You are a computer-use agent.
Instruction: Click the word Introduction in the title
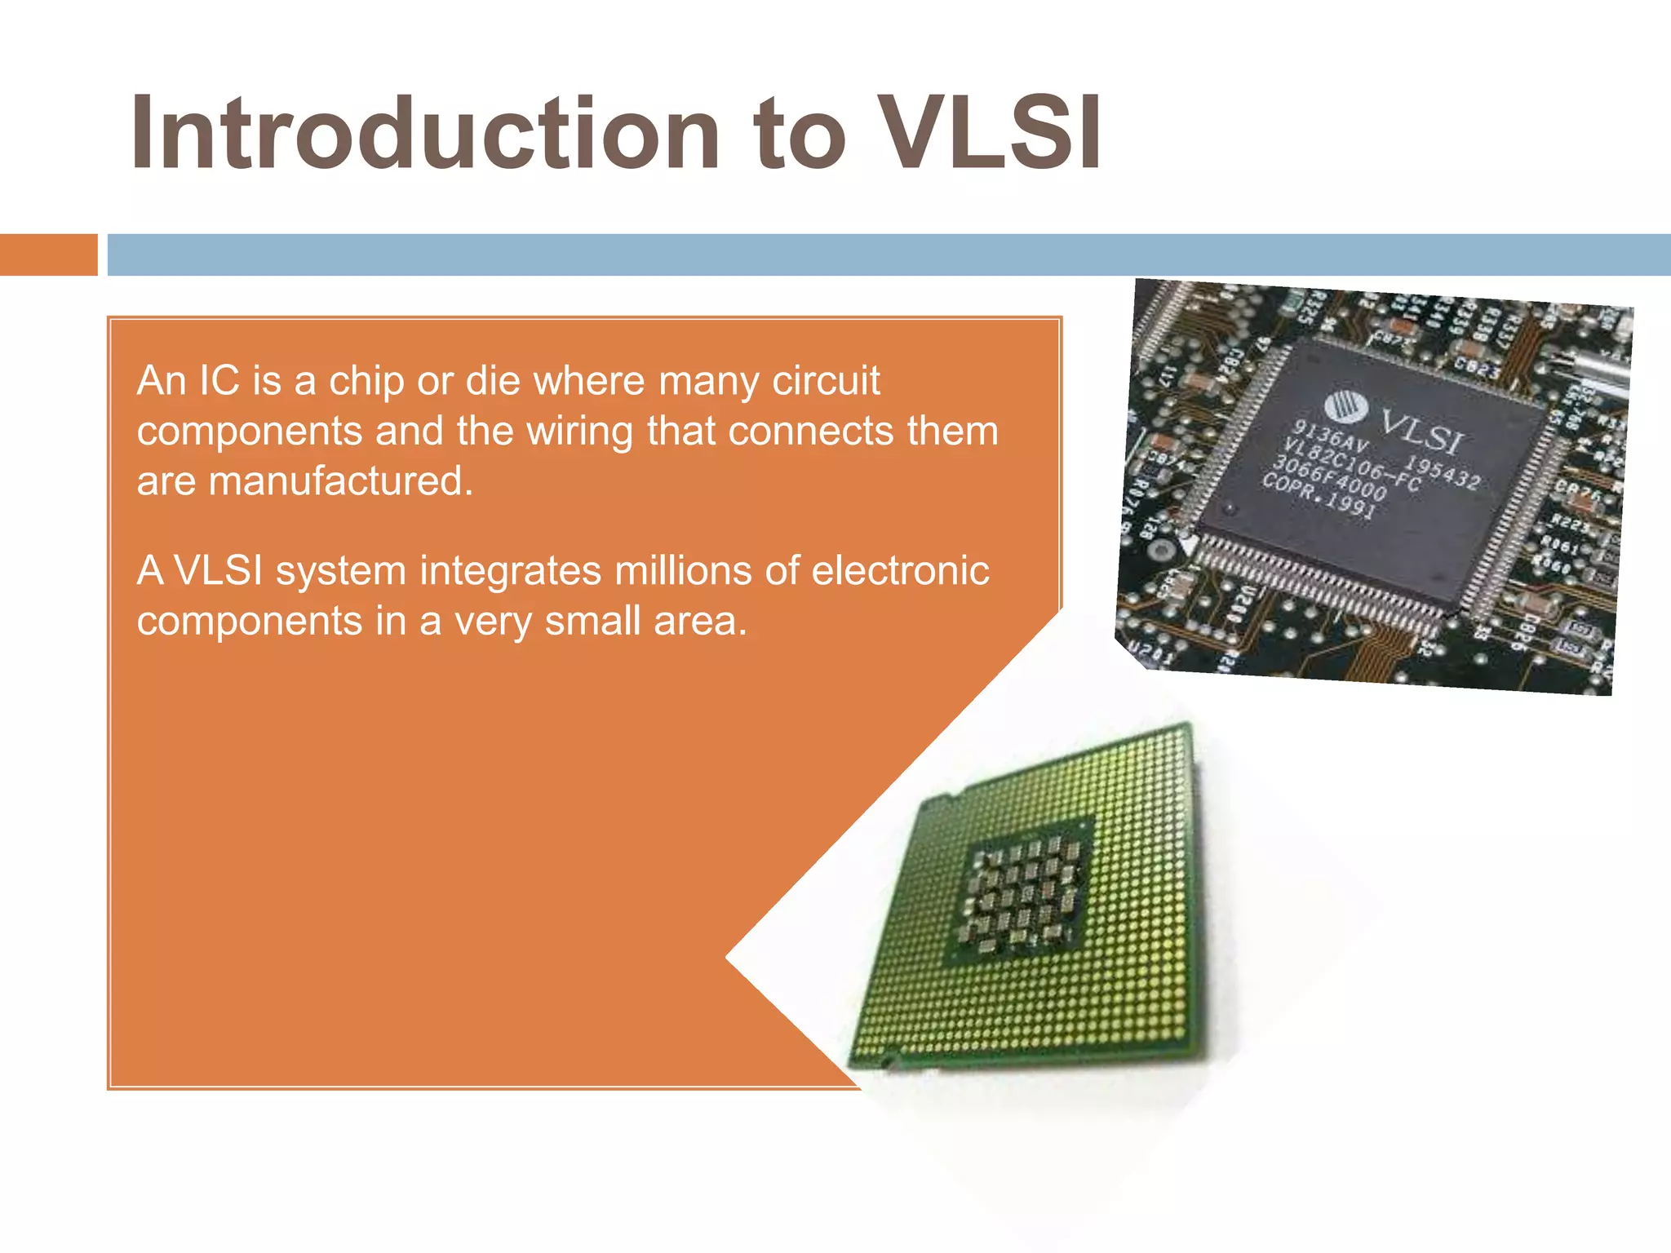tap(424, 133)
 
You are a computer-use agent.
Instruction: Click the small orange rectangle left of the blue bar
tap(48, 255)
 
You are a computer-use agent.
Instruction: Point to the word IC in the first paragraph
tap(219, 380)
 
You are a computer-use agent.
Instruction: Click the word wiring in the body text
tap(579, 431)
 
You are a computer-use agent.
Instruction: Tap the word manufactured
tap(340, 480)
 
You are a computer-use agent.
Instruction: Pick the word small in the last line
tap(592, 621)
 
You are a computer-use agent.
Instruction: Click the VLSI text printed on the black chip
tap(1421, 431)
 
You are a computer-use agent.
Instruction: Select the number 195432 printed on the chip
tap(1442, 472)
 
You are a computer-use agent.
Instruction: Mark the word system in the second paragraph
tap(340, 572)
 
